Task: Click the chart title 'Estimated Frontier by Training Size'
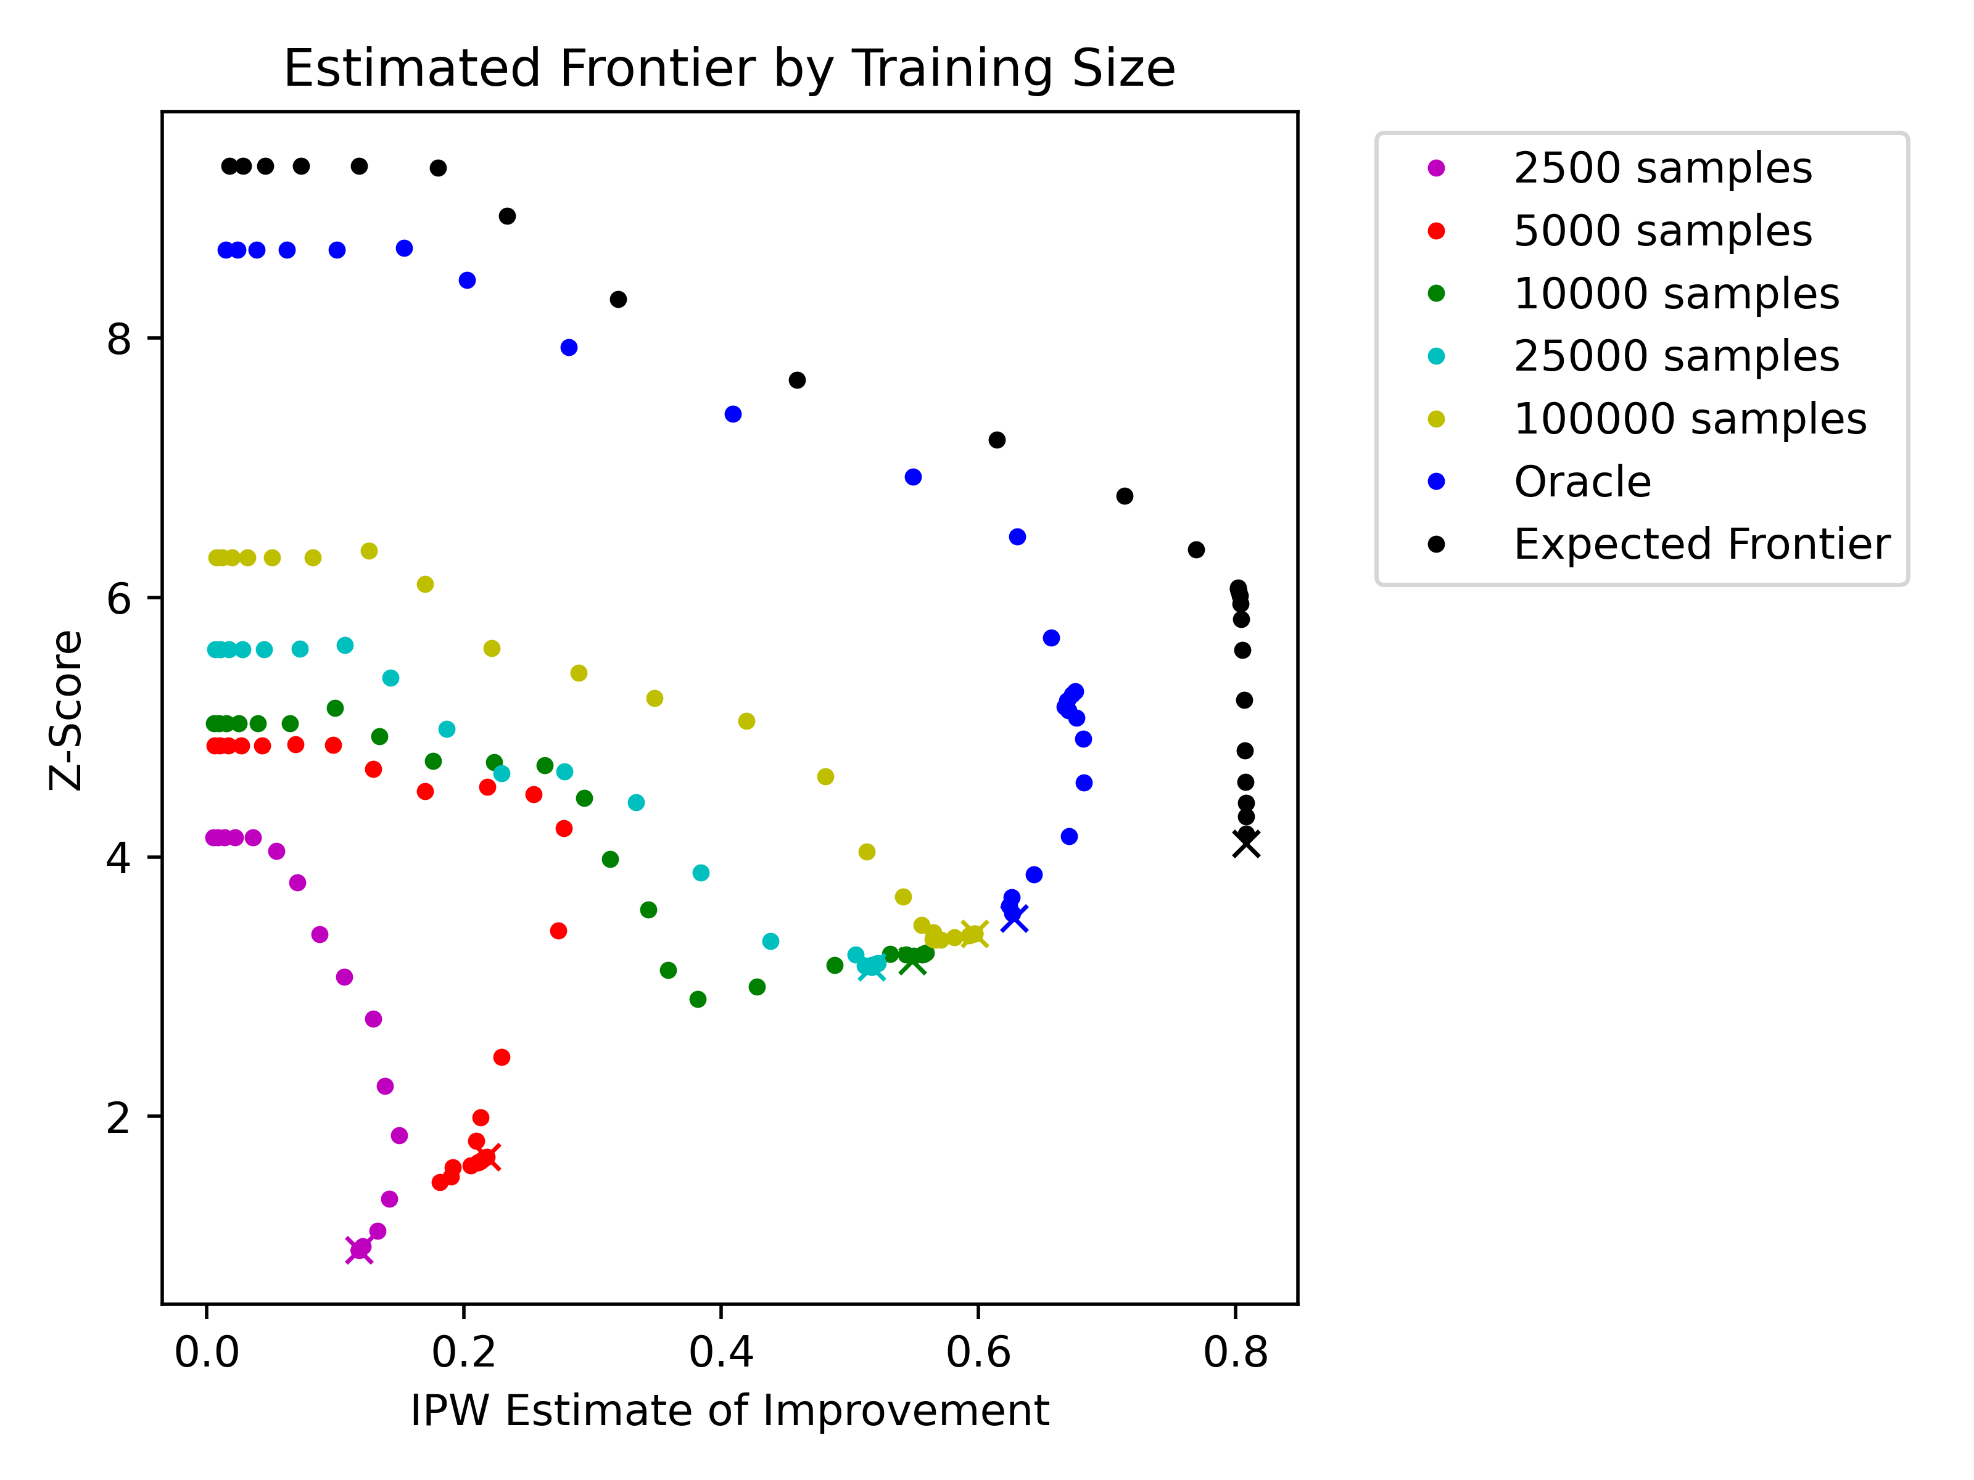(x=729, y=68)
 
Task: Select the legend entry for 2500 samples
(x=1620, y=168)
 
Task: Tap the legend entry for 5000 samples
(x=1620, y=231)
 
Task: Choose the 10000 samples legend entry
(x=1633, y=294)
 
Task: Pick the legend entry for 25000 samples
(x=1633, y=356)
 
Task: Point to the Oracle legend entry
(x=1539, y=482)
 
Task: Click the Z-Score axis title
(x=66, y=710)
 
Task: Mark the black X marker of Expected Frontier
(x=1246, y=843)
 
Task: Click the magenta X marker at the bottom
(x=359, y=1250)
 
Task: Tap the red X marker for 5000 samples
(x=488, y=1157)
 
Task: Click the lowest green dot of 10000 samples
(x=698, y=999)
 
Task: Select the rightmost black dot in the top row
(x=438, y=168)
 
